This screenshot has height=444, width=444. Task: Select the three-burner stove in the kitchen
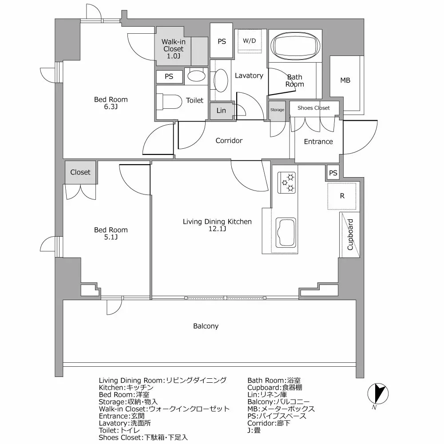coord(287,182)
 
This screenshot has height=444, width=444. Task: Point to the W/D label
coord(249,41)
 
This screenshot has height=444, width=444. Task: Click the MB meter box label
coord(345,80)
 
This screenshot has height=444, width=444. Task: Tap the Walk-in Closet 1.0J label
coord(173,49)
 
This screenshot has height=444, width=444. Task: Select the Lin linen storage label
coord(221,111)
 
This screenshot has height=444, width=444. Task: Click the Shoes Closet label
coord(313,108)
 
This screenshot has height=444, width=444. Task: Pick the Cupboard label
coord(350,234)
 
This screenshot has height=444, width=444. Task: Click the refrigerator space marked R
coord(342,196)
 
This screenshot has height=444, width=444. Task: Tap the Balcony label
coord(206,326)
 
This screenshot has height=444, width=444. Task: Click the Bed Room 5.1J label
coord(111,233)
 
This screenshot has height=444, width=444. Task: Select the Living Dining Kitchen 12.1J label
coord(217,225)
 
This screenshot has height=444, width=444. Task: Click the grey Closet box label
coord(80,172)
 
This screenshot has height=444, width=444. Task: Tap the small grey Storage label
coord(277,110)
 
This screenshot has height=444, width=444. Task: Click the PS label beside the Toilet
coord(169,76)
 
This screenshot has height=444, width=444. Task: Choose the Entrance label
coord(318,142)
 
